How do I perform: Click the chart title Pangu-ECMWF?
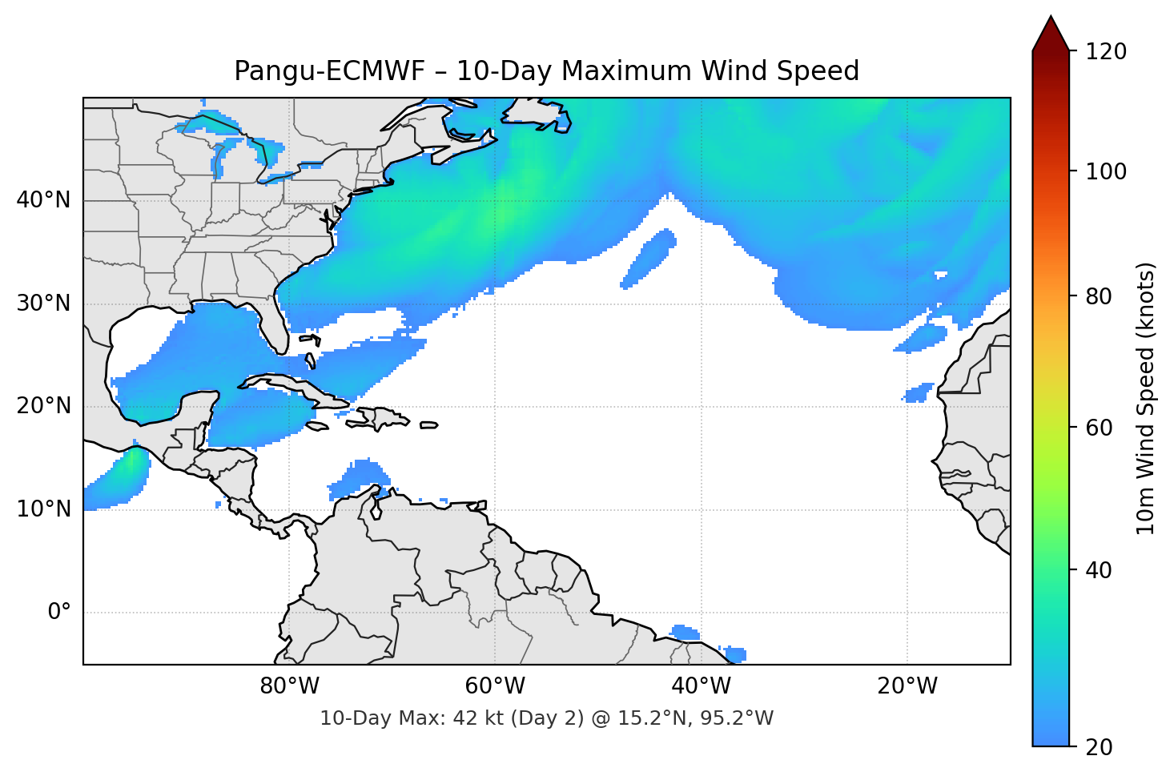point(546,71)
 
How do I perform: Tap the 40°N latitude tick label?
point(43,200)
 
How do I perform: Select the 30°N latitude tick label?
point(43,304)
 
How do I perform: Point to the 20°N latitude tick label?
point(43,406)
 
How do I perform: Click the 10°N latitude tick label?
point(43,509)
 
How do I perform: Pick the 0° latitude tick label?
point(59,613)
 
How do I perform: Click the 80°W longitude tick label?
point(289,686)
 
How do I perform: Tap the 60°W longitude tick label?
point(495,686)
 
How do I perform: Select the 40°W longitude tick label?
point(701,686)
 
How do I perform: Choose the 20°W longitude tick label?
point(907,686)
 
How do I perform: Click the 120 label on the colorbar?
point(1106,51)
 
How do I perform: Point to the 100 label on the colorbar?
point(1106,171)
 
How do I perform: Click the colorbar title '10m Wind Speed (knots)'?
point(1146,398)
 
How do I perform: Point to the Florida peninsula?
point(275,324)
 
